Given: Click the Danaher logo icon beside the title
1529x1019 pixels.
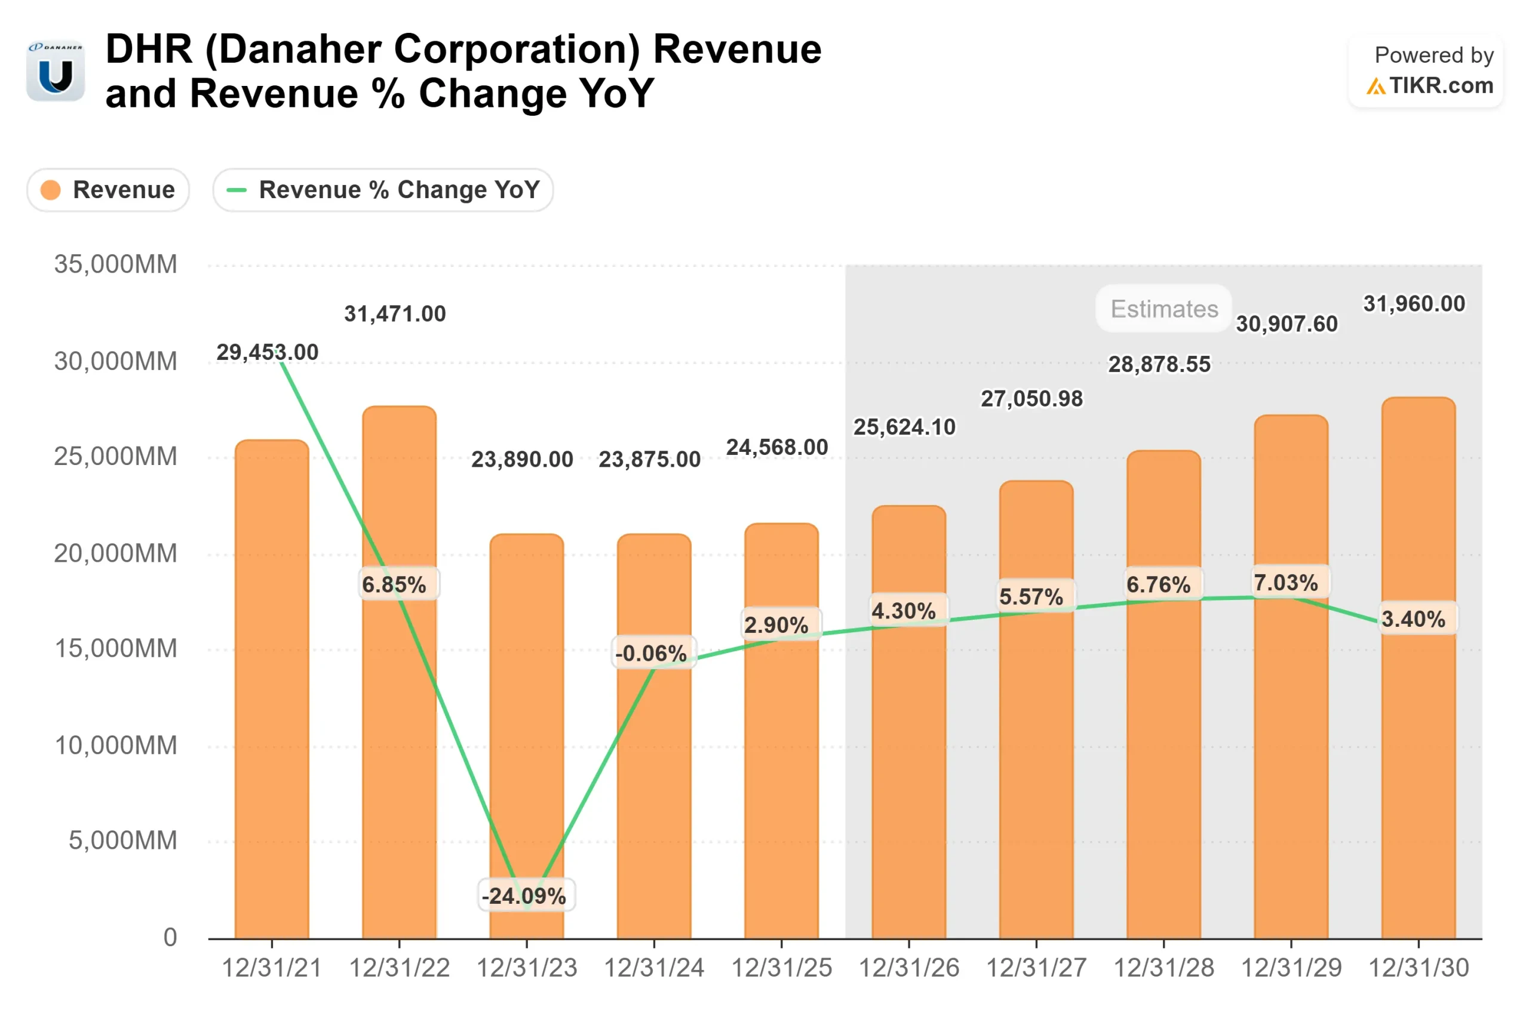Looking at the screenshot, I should (x=56, y=71).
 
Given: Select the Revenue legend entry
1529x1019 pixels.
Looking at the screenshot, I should (x=108, y=190).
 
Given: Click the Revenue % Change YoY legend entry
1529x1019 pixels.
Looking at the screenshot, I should (x=383, y=190).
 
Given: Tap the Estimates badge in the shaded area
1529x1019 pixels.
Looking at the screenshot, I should (x=1163, y=309).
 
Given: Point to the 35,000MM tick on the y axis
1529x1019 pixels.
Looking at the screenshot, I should (x=115, y=264).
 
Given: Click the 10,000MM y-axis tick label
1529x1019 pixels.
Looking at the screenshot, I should (x=115, y=746).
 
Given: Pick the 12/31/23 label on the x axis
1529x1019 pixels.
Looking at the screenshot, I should (x=527, y=968).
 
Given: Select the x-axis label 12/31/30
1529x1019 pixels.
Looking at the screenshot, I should (x=1419, y=968).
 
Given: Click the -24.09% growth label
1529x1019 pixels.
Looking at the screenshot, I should (x=524, y=896).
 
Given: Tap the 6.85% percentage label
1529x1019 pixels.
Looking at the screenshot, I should (x=395, y=585).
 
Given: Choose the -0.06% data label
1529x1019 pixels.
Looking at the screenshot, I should (x=652, y=653).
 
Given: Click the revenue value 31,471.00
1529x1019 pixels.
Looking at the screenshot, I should (x=395, y=314).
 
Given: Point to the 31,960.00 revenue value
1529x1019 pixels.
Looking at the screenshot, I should (x=1414, y=303).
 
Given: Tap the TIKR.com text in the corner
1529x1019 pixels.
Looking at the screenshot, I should (x=1441, y=86).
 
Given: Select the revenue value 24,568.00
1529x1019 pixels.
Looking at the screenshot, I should (x=777, y=447).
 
